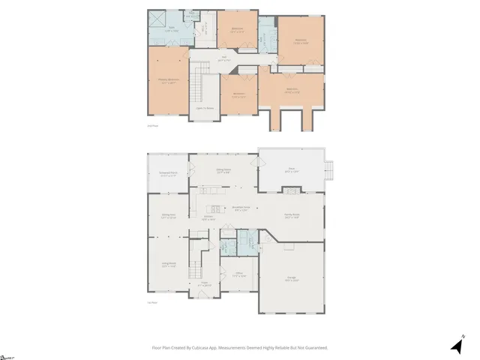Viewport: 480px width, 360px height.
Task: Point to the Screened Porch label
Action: [x=168, y=173]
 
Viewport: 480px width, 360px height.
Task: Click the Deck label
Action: [x=291, y=169]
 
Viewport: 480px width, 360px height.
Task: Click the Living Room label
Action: [x=168, y=263]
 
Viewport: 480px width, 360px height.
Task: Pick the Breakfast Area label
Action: [x=241, y=208]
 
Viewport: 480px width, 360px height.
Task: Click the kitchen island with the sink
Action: [x=214, y=208]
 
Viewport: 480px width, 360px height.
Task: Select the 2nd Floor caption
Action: [x=151, y=125]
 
